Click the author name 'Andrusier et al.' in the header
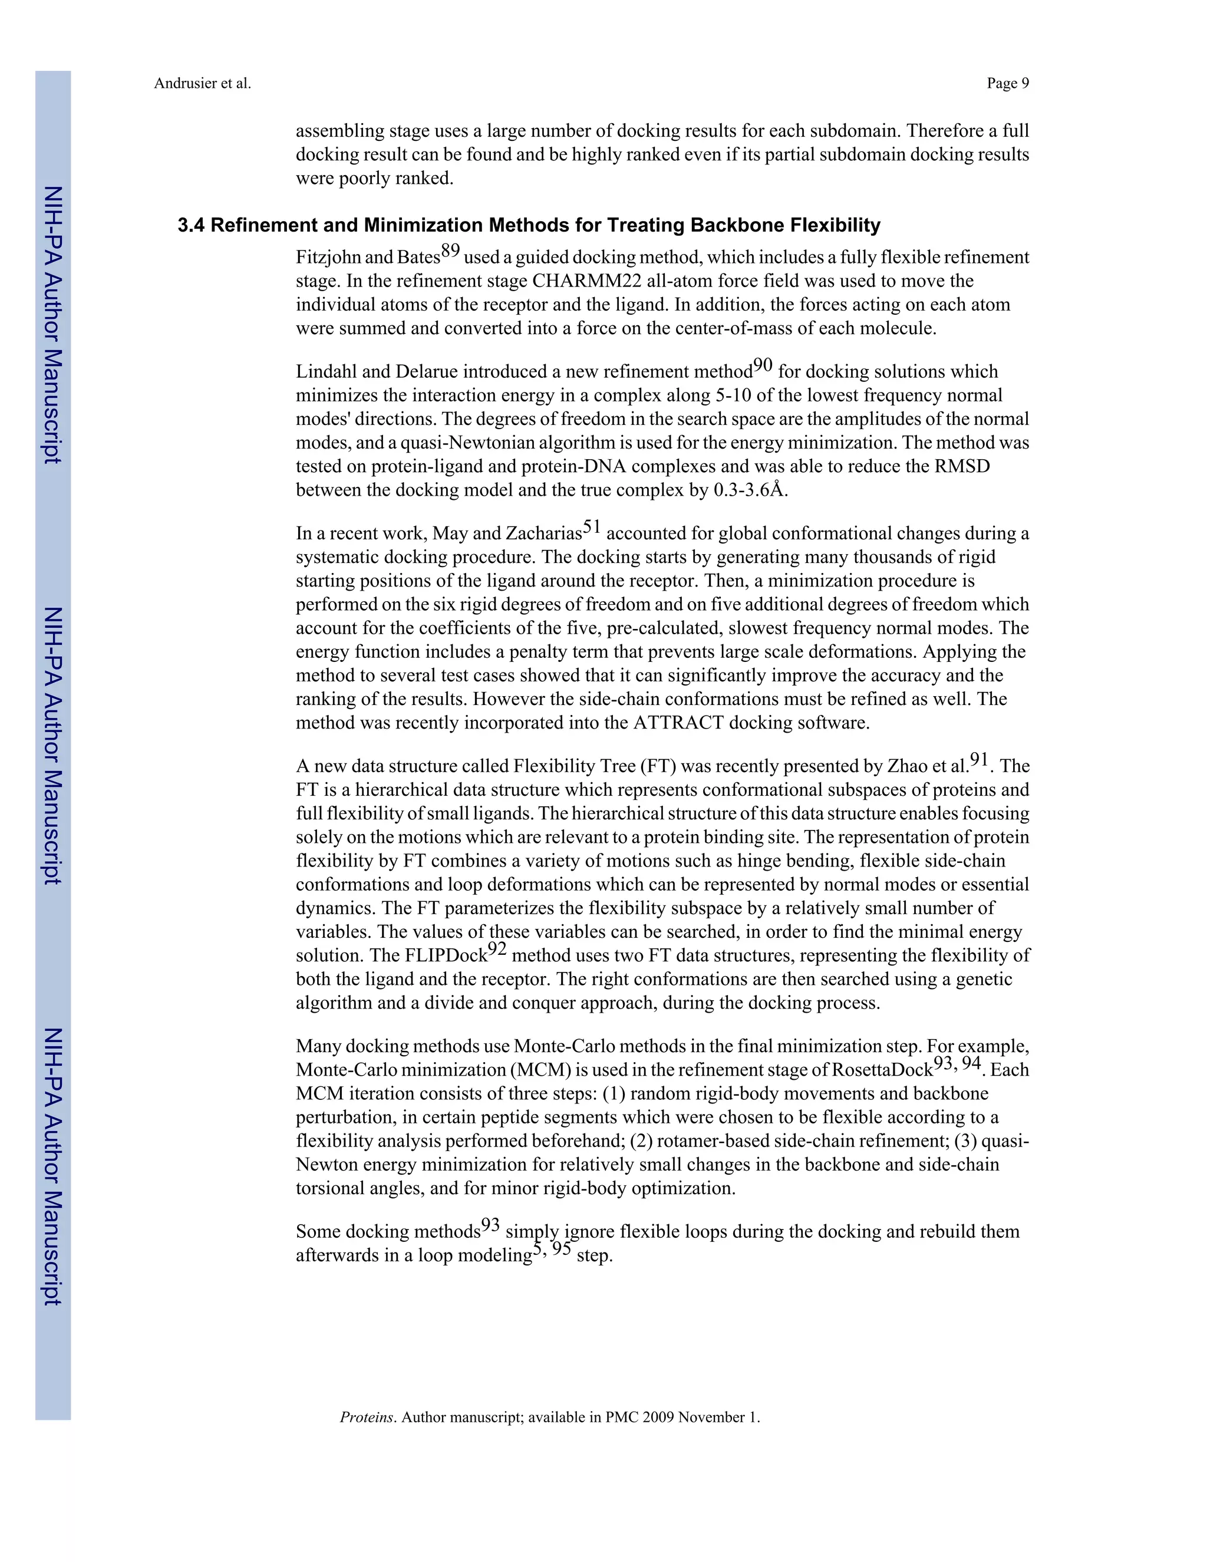tap(202, 84)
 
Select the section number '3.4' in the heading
tap(191, 225)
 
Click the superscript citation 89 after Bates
tap(450, 251)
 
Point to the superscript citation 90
tap(763, 365)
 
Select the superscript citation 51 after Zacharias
tap(592, 527)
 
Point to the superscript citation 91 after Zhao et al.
tap(979, 760)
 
